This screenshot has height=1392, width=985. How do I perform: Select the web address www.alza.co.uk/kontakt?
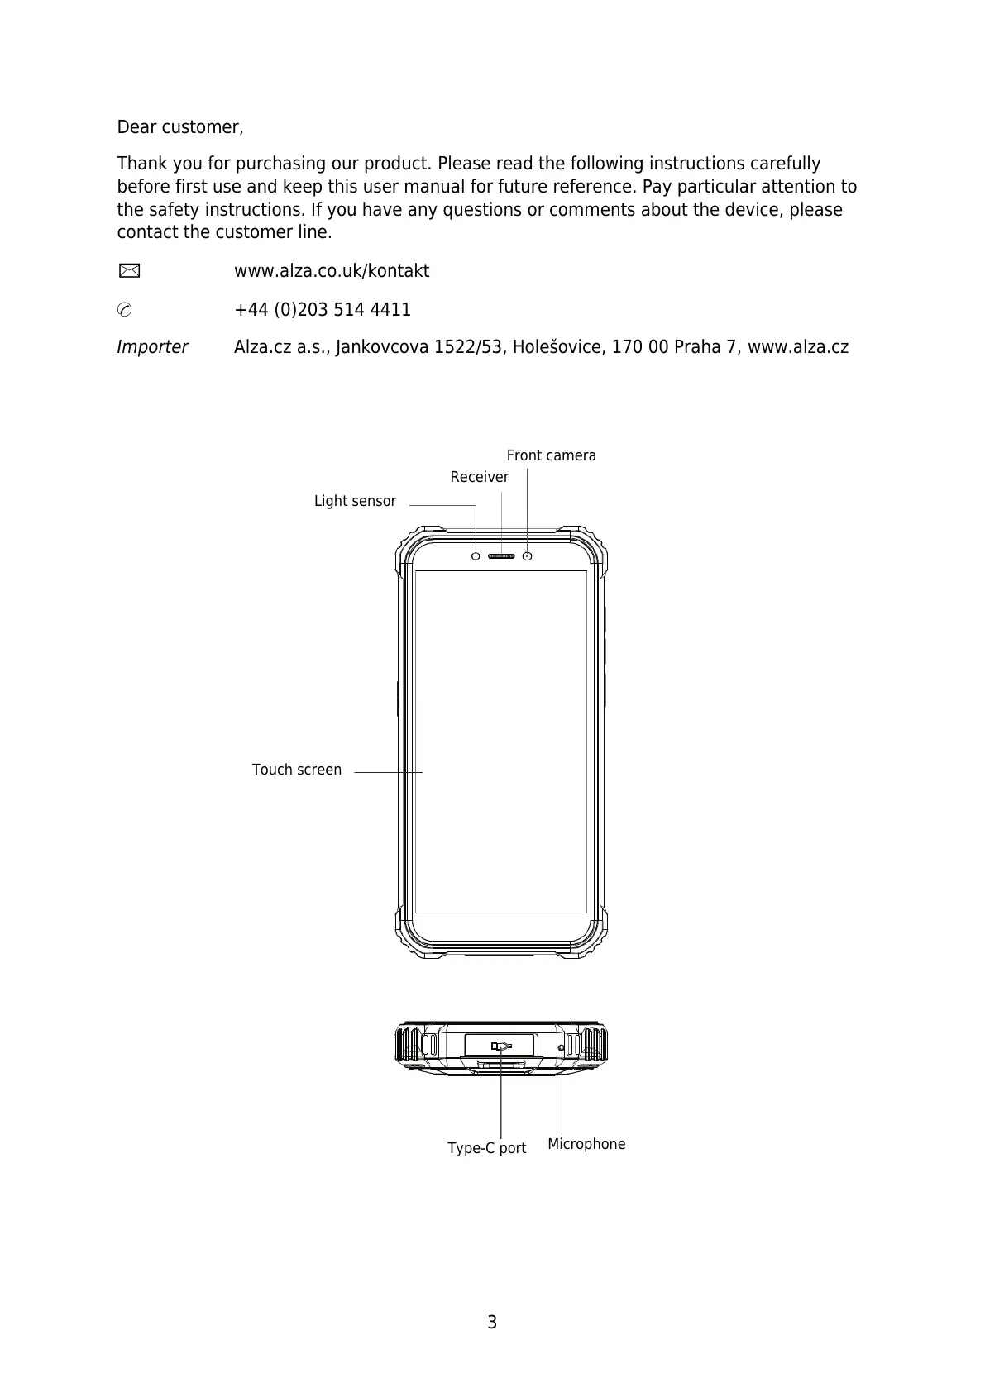(x=332, y=271)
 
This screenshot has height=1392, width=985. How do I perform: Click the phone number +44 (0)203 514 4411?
(x=323, y=310)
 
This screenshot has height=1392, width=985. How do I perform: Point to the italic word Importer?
(x=152, y=347)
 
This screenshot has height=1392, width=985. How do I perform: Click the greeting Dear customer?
(x=179, y=127)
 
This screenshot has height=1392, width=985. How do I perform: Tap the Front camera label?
(x=551, y=455)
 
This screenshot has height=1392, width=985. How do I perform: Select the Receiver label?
(x=479, y=477)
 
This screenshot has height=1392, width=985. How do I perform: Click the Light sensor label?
(x=355, y=501)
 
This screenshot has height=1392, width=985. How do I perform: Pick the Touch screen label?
(x=296, y=770)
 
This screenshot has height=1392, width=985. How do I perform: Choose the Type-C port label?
(x=486, y=1148)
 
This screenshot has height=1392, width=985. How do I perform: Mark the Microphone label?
(x=586, y=1144)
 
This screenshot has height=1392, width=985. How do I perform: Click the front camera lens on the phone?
(x=528, y=555)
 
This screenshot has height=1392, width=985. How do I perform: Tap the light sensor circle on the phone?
(x=476, y=555)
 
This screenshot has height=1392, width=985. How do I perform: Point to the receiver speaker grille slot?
(x=501, y=555)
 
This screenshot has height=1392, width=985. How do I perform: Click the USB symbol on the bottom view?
(x=500, y=1046)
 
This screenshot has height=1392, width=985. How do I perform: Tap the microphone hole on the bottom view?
(x=562, y=1048)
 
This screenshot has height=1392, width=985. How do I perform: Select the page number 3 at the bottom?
(x=492, y=1323)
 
